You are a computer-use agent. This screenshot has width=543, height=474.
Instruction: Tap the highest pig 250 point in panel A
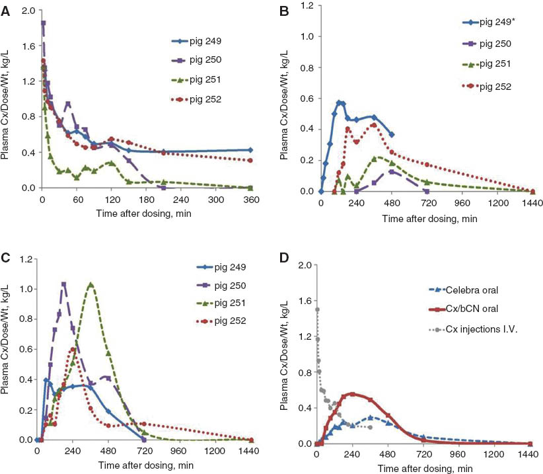pyautogui.click(x=43, y=23)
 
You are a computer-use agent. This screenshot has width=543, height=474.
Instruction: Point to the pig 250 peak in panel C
pyautogui.click(x=64, y=284)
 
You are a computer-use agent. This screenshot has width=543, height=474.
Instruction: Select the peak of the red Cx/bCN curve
pyautogui.click(x=352, y=394)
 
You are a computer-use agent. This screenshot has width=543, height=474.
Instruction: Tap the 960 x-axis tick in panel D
pyautogui.click(x=459, y=455)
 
